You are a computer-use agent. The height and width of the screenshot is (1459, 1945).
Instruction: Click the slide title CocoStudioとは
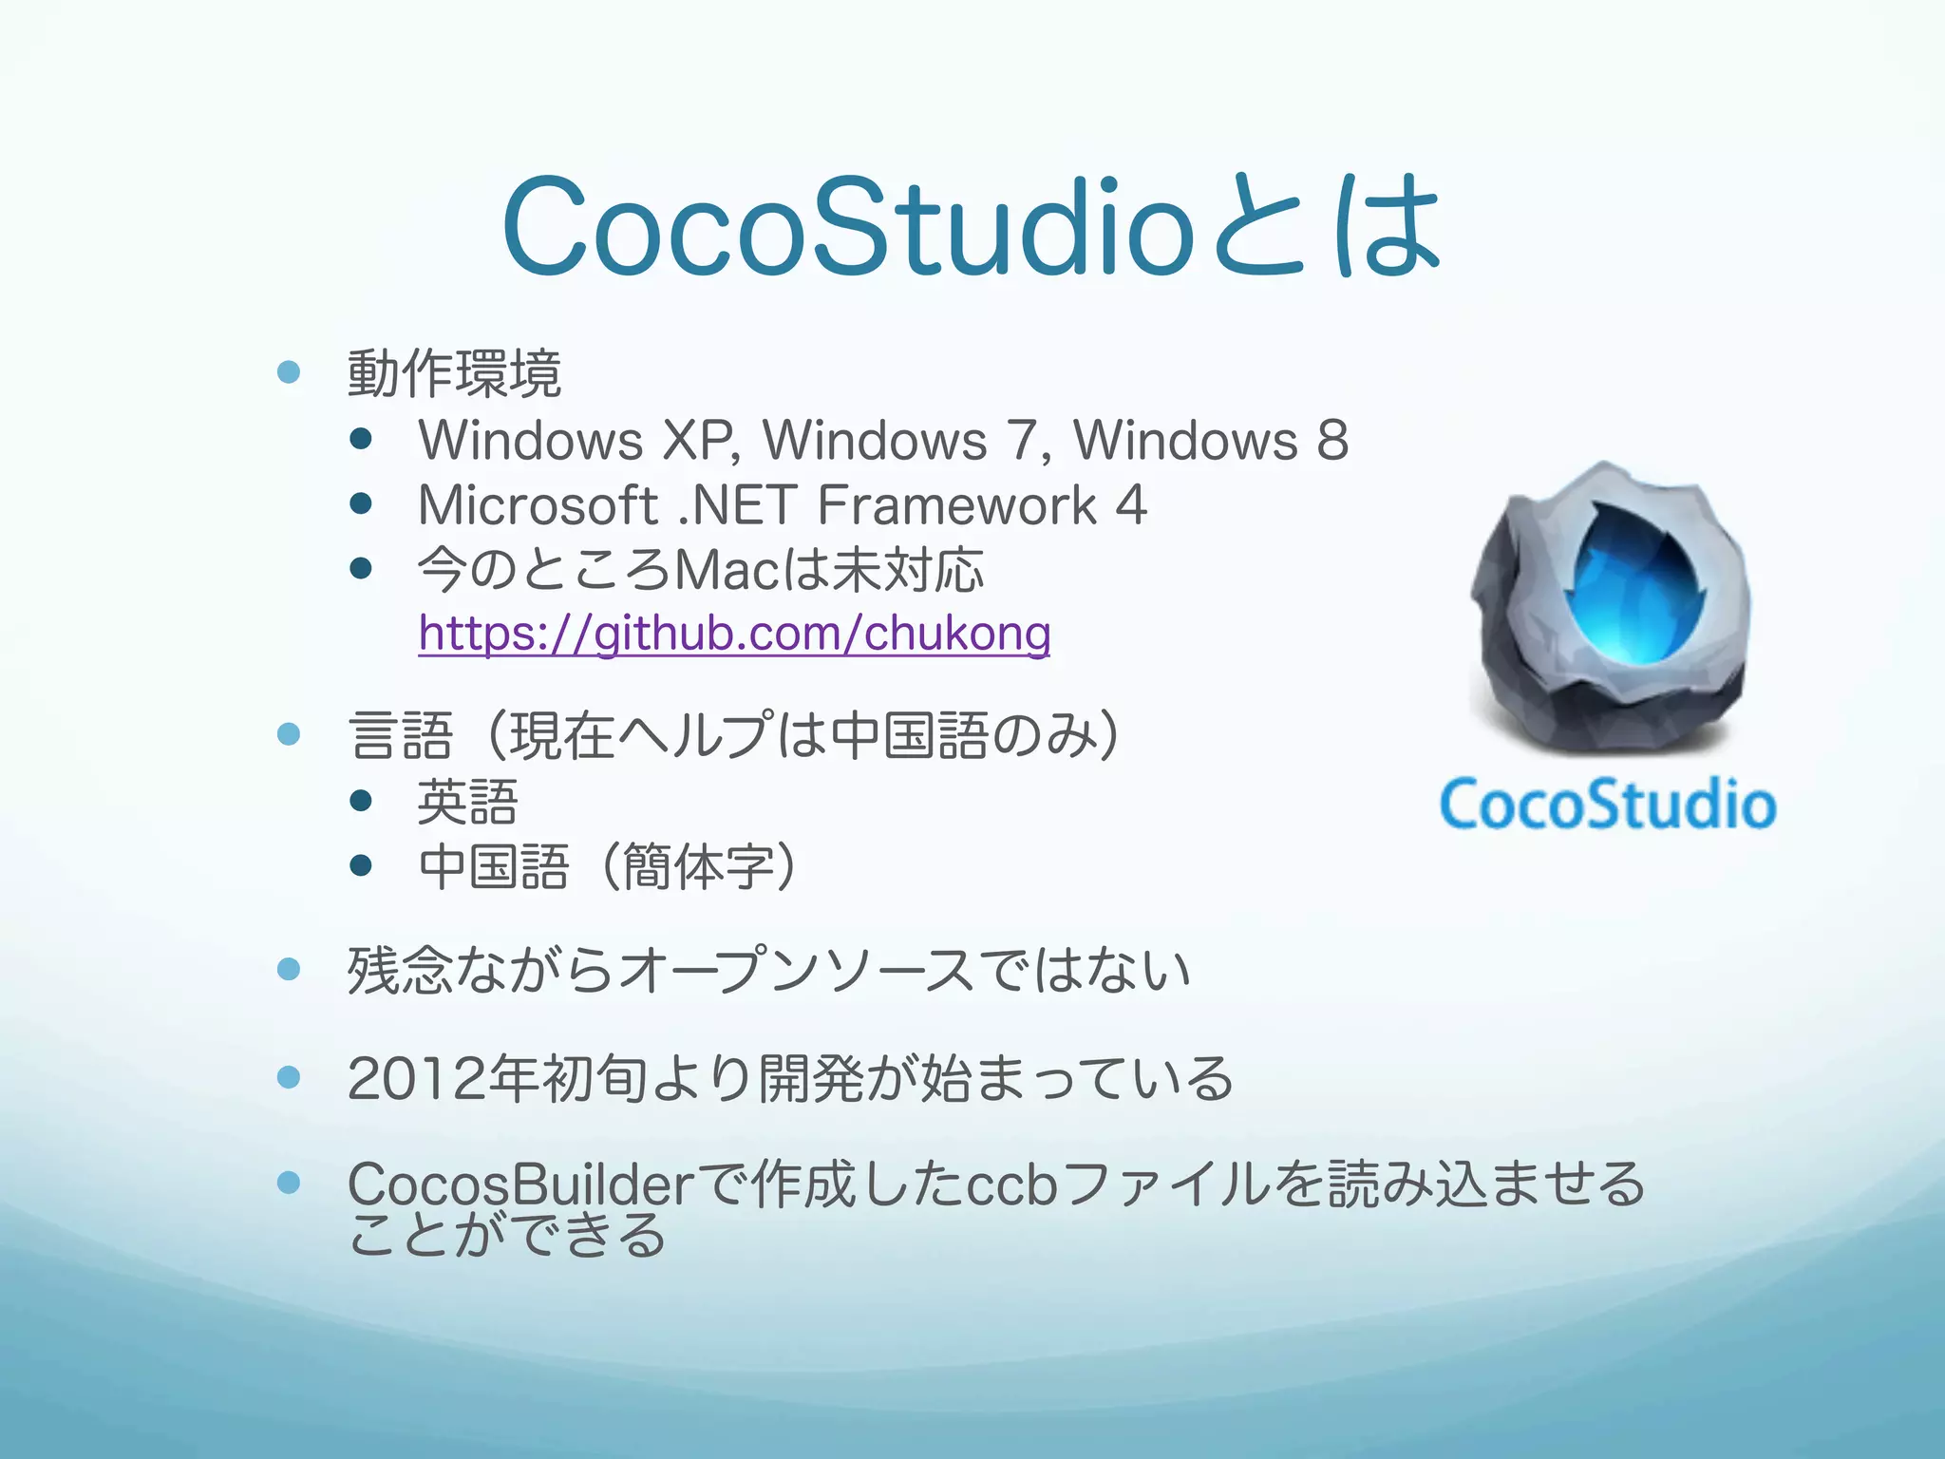[x=971, y=228]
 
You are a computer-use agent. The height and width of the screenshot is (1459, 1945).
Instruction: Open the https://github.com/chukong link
[x=734, y=634]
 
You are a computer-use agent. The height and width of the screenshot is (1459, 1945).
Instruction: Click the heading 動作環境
[x=454, y=373]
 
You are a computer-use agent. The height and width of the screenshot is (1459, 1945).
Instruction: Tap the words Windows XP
[x=575, y=441]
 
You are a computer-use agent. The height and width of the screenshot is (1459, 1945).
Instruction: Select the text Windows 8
[x=1211, y=441]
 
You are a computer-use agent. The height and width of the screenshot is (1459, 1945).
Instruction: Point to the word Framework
[x=957, y=504]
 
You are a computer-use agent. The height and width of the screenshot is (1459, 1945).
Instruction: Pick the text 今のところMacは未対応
[x=701, y=570]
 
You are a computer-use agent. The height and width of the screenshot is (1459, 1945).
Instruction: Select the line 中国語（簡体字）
[x=608, y=867]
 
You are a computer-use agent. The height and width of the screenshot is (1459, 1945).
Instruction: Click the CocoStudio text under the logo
[x=1608, y=805]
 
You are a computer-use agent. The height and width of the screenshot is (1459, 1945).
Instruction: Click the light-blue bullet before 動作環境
[x=289, y=371]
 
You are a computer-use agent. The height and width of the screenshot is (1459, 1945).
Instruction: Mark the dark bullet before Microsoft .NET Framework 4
[x=360, y=503]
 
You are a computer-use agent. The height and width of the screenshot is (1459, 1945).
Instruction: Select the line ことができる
[x=507, y=1235]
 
